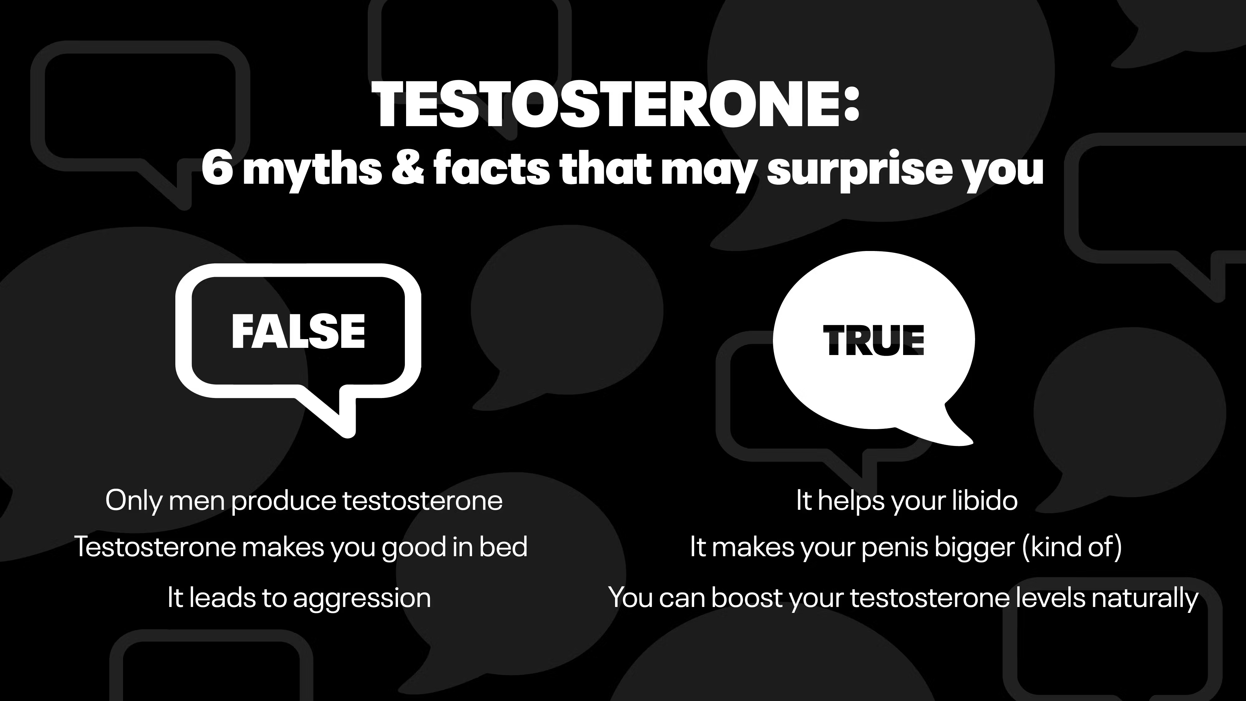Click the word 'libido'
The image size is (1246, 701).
click(x=984, y=500)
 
